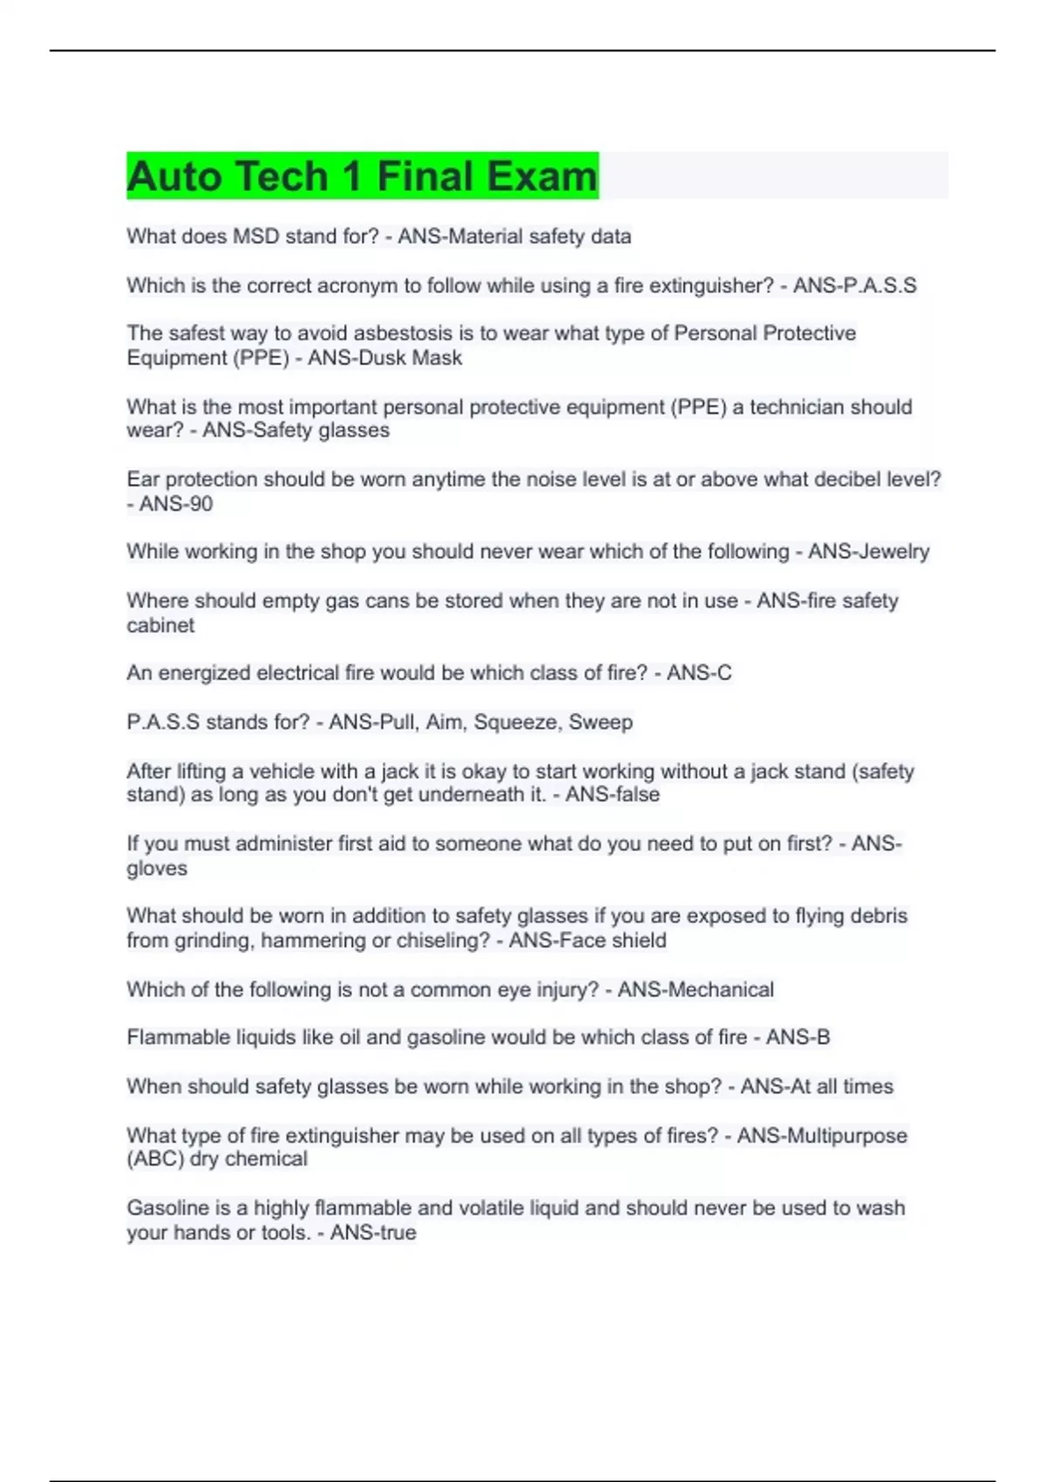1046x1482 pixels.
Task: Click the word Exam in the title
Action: [x=541, y=176]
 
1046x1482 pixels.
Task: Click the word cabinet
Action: [x=160, y=625]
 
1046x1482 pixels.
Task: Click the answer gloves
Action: [x=157, y=868]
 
